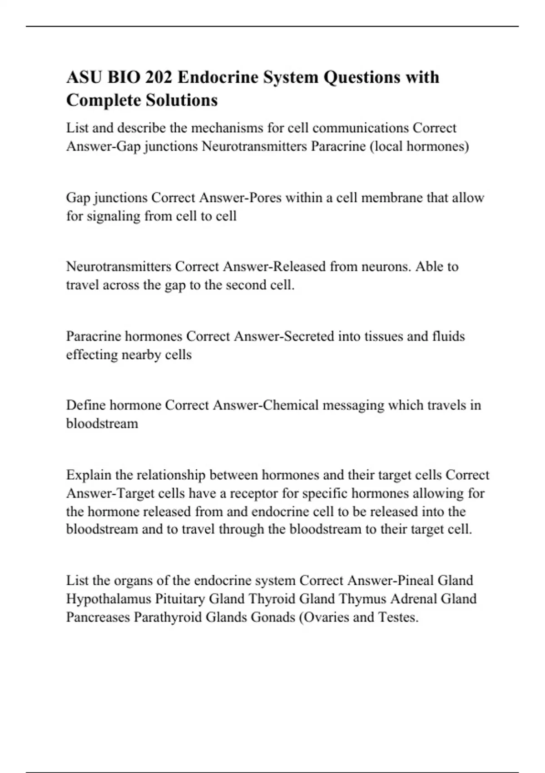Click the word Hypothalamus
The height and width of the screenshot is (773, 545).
pyautogui.click(x=109, y=599)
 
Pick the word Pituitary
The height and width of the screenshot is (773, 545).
pyautogui.click(x=180, y=599)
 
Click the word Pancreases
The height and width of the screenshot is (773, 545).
pyautogui.click(x=98, y=617)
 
